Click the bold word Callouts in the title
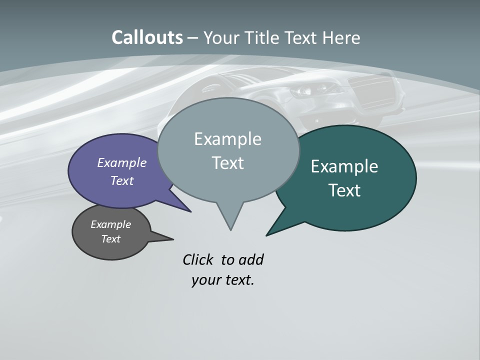(147, 37)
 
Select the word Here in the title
(341, 37)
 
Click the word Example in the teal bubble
(344, 166)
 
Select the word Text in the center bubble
(228, 163)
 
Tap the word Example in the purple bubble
(122, 162)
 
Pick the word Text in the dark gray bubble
(111, 239)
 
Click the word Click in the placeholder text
(197, 259)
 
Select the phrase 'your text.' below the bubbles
(223, 280)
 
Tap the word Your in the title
(222, 37)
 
